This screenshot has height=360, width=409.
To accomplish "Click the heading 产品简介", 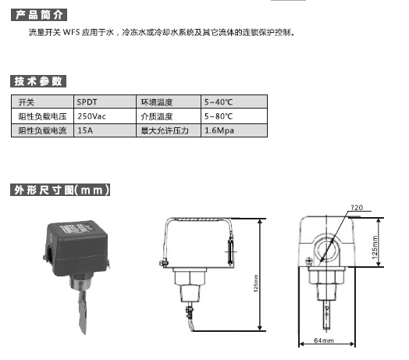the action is coord(39,15).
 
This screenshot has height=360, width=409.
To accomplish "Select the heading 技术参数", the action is coord(38,81).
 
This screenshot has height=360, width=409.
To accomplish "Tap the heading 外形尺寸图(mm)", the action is coord(60,190).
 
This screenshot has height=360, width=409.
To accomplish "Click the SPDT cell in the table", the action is coord(105,102).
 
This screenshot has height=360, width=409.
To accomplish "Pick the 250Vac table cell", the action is coord(105,116).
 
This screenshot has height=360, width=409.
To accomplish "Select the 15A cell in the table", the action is coord(105,130).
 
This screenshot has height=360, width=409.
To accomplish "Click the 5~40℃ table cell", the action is coord(234,102).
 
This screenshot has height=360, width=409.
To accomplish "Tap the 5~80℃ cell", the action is coord(234,116).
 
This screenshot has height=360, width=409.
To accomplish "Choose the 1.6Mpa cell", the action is coord(234,130).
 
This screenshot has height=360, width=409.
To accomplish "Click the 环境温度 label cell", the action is coord(169,102).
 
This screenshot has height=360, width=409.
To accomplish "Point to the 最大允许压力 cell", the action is coord(169,130).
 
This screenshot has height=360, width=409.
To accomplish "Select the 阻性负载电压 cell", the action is coord(42,116).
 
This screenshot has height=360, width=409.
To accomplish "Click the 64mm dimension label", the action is coord(324,340).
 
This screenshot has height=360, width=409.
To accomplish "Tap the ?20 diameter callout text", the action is coord(357,208).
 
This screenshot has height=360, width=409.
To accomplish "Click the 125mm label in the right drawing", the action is coord(375,248).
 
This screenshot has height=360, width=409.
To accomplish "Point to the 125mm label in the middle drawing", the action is coord(256,283).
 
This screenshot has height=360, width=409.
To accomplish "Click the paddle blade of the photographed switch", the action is coord(82,312).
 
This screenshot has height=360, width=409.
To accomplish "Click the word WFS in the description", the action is coord(71,32).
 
